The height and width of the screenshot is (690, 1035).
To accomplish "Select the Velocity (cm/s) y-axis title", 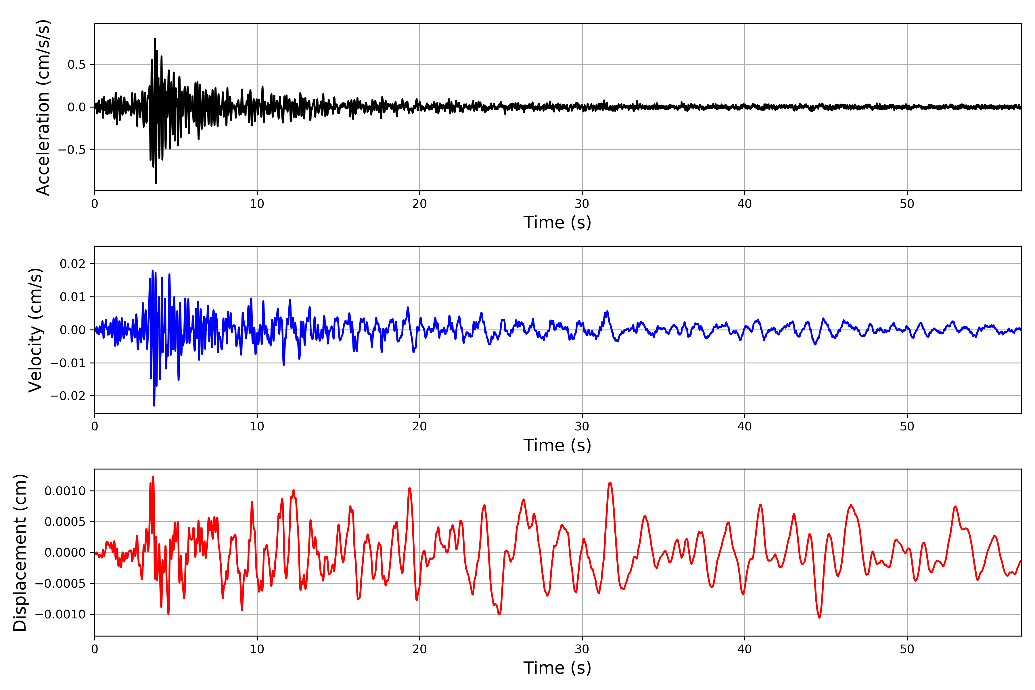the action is (x=35, y=330).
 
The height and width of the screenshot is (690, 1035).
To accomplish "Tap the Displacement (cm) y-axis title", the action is (x=20, y=553).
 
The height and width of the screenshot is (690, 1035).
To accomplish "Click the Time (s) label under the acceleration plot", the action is (x=557, y=223).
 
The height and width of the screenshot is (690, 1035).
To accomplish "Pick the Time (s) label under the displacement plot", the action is (x=557, y=668).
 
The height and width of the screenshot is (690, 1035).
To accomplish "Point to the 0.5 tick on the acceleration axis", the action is (x=76, y=65).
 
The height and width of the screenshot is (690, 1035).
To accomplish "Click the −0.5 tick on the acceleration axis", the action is (x=72, y=149).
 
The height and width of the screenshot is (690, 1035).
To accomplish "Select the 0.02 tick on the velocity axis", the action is (x=73, y=264).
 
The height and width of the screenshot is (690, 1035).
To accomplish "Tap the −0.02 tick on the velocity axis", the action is (x=68, y=396).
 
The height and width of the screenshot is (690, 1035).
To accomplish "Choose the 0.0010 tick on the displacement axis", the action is (x=65, y=491).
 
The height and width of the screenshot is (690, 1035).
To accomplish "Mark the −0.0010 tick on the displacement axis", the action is (x=61, y=614).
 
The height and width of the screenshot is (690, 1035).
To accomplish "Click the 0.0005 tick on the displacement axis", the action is (x=65, y=522).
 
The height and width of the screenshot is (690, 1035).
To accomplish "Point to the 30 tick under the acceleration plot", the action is (x=582, y=204).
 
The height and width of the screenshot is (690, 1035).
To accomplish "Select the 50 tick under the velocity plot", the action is (x=907, y=426).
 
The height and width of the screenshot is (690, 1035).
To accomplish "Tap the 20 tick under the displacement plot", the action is (x=419, y=649).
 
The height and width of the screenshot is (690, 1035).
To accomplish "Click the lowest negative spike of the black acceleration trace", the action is (x=156, y=182).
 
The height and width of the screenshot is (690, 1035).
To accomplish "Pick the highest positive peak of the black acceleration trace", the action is (x=155, y=39).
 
